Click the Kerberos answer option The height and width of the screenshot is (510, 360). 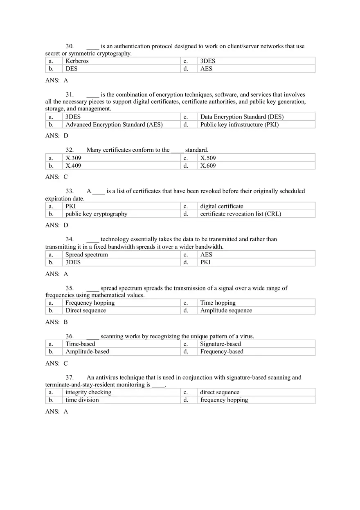pos(77,61)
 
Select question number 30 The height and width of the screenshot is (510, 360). pos(70,46)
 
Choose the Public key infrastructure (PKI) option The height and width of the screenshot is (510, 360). pos(239,124)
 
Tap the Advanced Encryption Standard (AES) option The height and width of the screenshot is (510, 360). pos(114,124)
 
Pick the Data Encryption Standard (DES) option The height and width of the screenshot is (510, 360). pos(242,117)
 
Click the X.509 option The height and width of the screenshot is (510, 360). pos(208,158)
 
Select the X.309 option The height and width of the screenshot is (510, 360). pos(73,158)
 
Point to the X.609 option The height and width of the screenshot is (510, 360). pos(208,166)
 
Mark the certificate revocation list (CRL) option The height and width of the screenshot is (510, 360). pos(241,214)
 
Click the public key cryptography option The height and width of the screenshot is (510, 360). pos(96,214)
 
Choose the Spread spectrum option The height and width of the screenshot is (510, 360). pos(87,254)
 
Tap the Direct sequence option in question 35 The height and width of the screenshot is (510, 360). pos(85,310)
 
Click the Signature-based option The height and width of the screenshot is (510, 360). pos(220,344)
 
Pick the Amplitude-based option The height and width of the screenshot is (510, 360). pos(87,351)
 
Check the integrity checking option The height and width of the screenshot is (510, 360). pos(88,392)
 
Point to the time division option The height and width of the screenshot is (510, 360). pos(82,400)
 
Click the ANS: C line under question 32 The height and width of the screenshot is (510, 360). pos(56,177)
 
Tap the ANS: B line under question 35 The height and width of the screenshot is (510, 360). pos(56,322)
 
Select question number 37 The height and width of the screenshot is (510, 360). pos(70,377)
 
